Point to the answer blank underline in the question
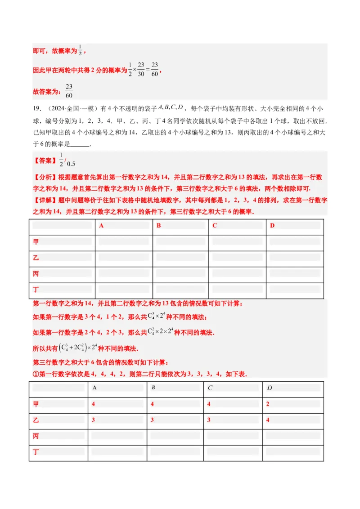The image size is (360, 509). pos(81,145)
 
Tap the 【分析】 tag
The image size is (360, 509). pos(44,188)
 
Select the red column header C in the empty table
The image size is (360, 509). pos(215,226)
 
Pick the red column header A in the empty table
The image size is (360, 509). pos(101,226)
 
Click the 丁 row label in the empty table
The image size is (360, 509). pos(36,290)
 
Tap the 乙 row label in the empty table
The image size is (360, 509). pos(36,258)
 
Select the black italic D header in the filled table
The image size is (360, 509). pos(269,388)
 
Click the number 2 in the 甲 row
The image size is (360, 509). pos(268,404)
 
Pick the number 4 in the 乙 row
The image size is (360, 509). pos(268,420)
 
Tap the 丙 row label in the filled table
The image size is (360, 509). pos(36,436)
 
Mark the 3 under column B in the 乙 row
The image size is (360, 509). pos(153,420)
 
